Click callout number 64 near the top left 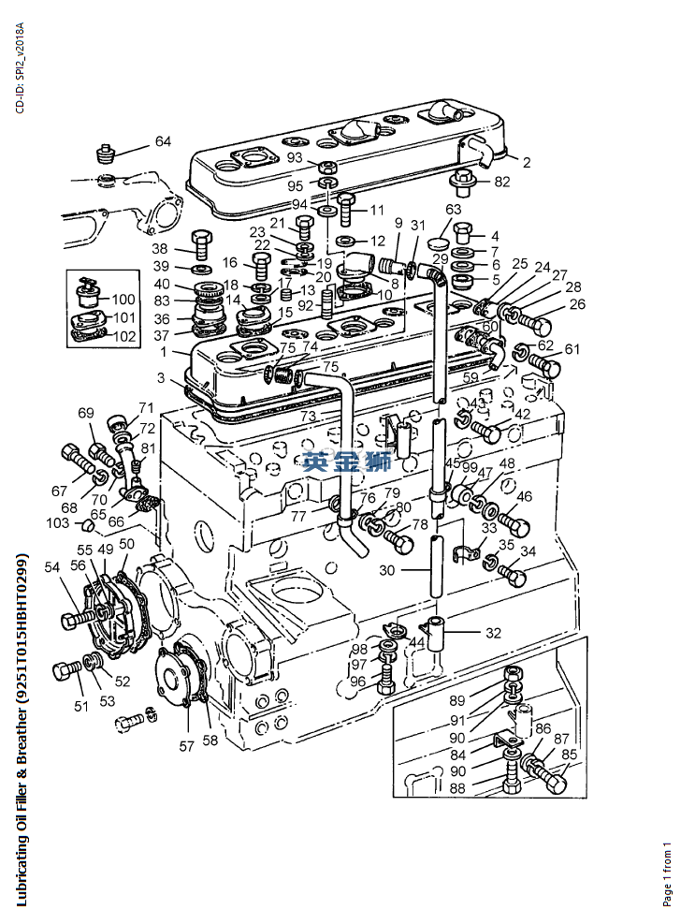tap(163, 141)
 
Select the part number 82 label tap(502, 182)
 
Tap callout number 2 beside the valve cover tap(527, 162)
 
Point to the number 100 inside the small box tap(123, 300)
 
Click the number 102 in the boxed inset tap(123, 336)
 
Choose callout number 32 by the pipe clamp tap(493, 632)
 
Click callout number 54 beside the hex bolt tap(51, 566)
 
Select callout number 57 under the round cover tap(186, 746)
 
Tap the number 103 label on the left tap(58, 522)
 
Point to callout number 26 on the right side tap(577, 303)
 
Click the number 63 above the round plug tap(453, 209)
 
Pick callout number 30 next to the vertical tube tap(386, 570)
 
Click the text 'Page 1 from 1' tap(668, 873)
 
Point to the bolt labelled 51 tap(66, 670)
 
